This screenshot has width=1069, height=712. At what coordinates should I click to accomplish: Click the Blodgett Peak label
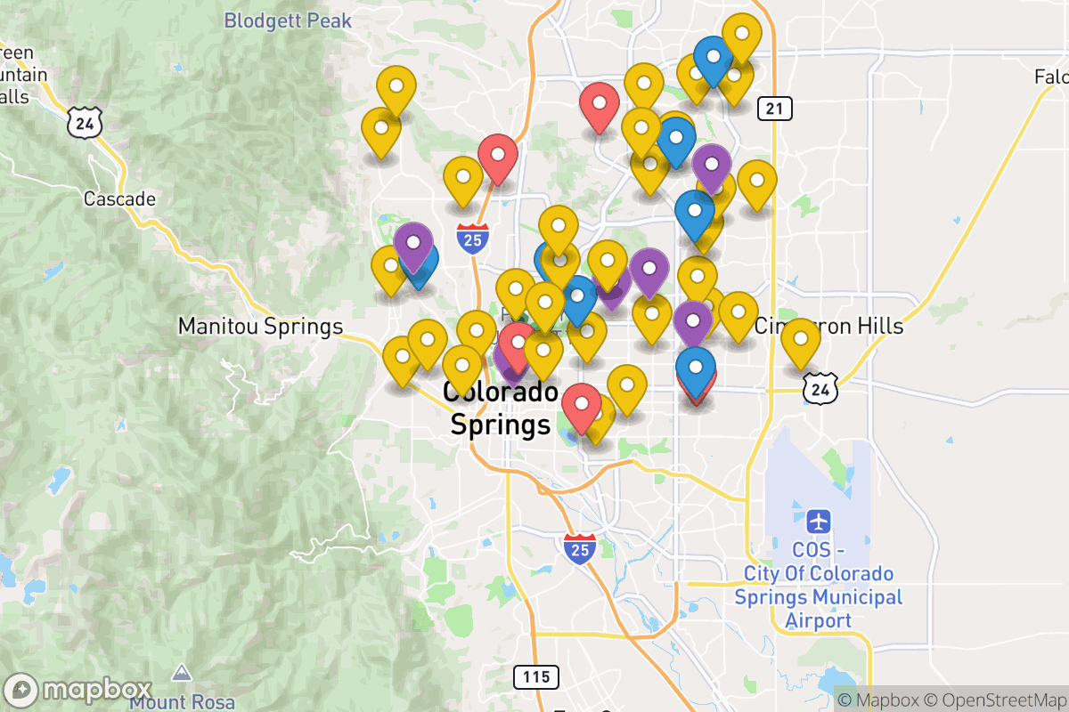click(x=288, y=20)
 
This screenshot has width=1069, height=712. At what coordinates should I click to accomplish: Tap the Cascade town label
click(x=119, y=198)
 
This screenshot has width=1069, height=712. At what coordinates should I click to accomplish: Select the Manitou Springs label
click(x=260, y=327)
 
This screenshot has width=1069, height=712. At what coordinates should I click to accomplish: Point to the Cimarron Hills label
click(x=828, y=327)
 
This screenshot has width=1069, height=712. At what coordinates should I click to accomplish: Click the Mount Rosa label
click(x=183, y=701)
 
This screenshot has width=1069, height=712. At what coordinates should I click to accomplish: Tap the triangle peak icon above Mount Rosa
click(x=183, y=672)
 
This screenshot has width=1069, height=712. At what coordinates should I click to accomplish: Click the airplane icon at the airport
click(x=819, y=520)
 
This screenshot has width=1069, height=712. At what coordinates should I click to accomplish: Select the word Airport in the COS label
click(x=819, y=620)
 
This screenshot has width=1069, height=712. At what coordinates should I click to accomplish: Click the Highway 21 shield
click(x=775, y=109)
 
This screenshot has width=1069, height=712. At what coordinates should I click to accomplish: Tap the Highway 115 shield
click(x=536, y=676)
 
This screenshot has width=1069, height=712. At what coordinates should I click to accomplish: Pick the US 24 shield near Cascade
click(x=85, y=123)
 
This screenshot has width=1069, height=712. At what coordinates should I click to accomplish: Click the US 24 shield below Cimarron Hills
click(x=819, y=387)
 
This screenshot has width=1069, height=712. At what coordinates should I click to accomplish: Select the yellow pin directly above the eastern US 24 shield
click(x=801, y=341)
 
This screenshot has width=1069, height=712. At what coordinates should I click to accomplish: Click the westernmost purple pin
click(x=413, y=244)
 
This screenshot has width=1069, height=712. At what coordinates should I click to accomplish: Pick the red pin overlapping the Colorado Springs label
click(x=517, y=344)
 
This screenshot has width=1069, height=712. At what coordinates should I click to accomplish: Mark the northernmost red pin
click(x=600, y=104)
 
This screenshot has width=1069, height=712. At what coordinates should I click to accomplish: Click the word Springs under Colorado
click(x=501, y=425)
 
